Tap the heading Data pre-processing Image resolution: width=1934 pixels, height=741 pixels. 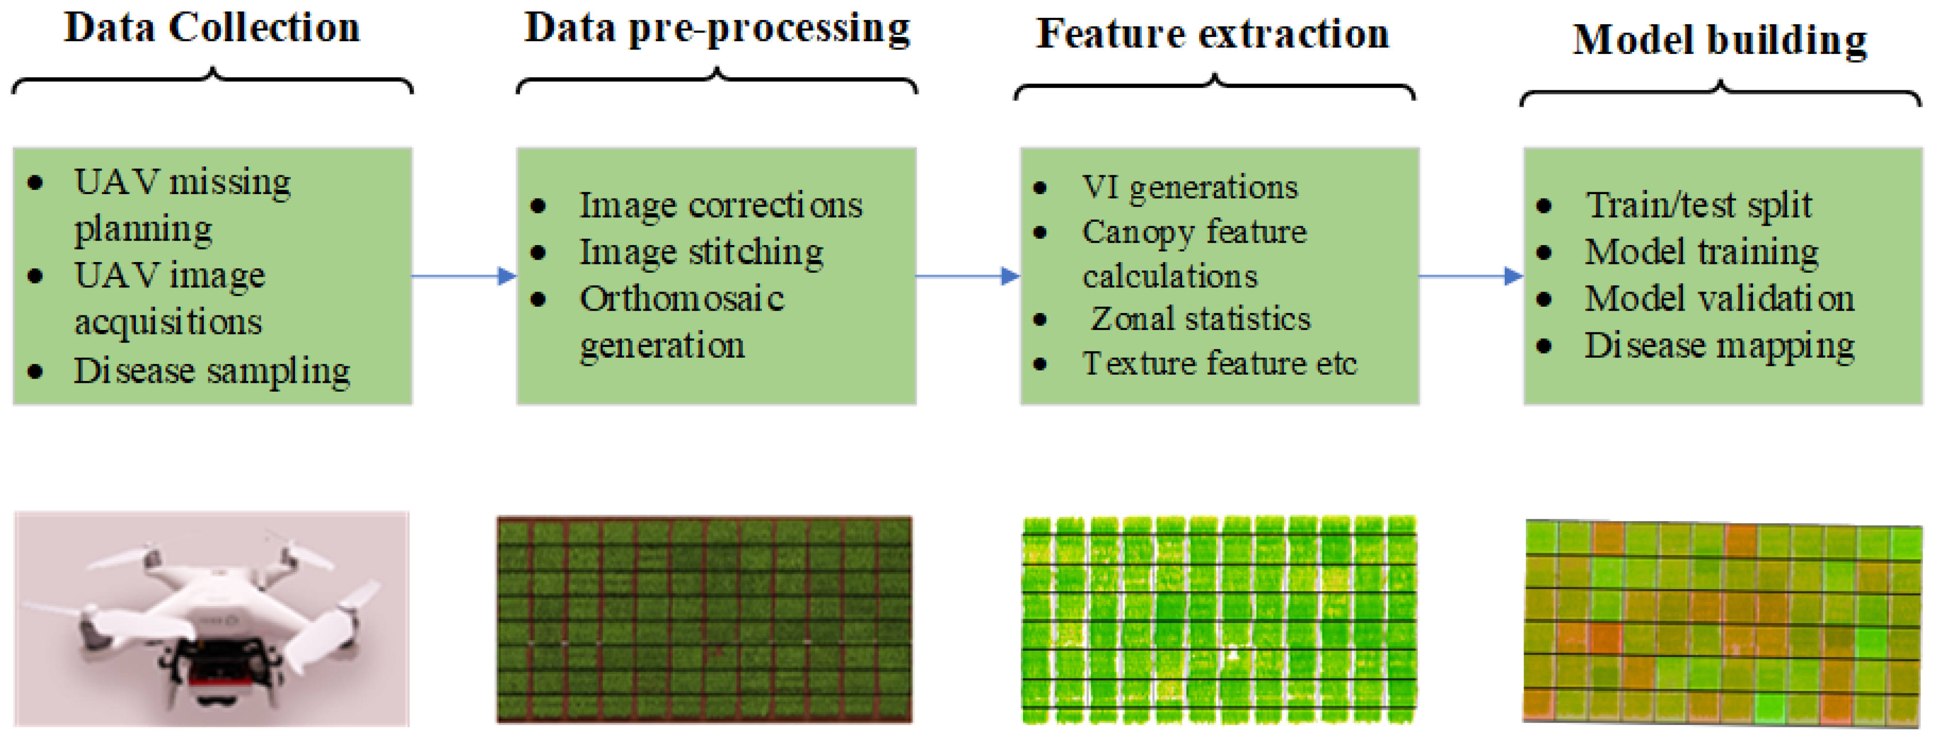(716, 30)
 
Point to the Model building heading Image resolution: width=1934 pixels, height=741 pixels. (1719, 41)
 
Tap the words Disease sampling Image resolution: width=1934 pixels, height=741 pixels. (211, 371)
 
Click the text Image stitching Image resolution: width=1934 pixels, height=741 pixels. (701, 252)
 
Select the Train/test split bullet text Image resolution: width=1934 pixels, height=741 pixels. (1698, 205)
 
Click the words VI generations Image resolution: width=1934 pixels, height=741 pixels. (1189, 187)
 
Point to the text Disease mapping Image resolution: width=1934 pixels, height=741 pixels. (1719, 346)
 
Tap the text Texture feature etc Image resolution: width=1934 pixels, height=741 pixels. (1219, 364)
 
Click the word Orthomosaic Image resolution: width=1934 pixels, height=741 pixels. (682, 299)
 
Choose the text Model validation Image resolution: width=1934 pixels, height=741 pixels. (1719, 299)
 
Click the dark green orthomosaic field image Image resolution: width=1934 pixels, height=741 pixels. (704, 619)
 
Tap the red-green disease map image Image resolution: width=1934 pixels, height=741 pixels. (1723, 623)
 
